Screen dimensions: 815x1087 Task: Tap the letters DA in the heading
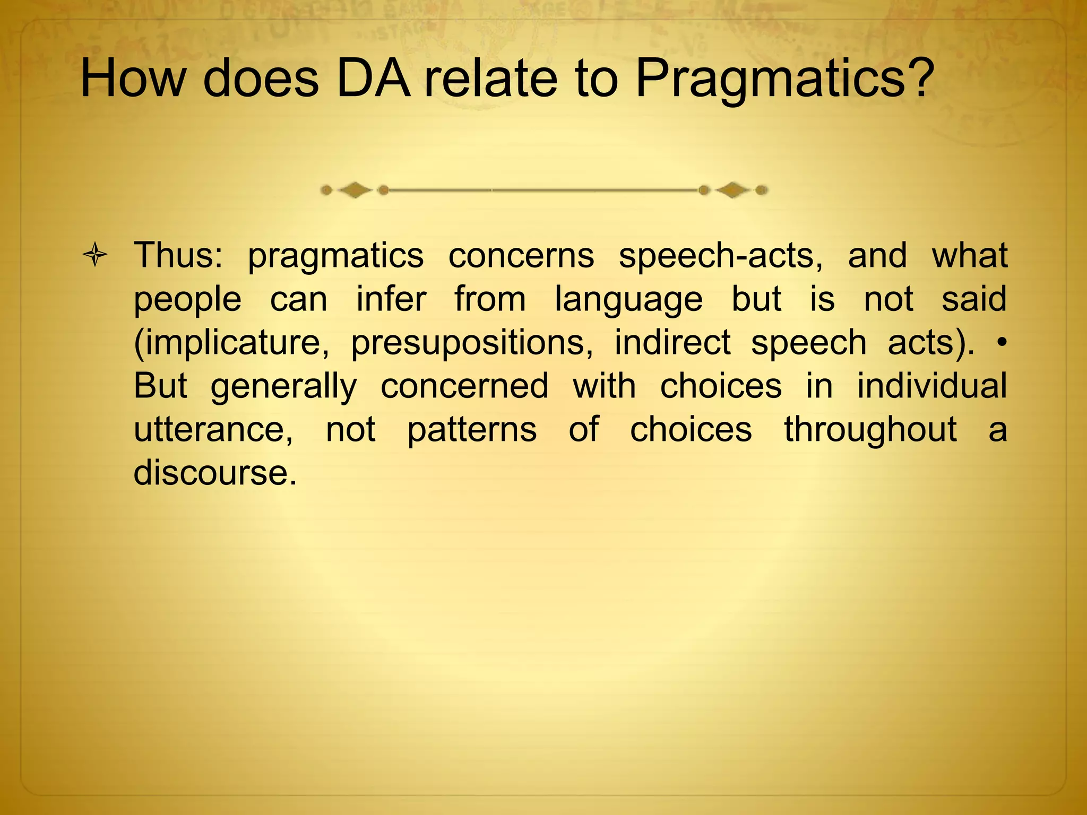pyautogui.click(x=373, y=79)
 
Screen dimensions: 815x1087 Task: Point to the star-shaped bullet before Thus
pyautogui.click(x=96, y=256)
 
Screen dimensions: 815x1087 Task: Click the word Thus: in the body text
pyautogui.click(x=178, y=256)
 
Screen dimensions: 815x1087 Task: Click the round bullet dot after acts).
pyautogui.click(x=1001, y=343)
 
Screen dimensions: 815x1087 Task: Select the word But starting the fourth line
pyautogui.click(x=160, y=386)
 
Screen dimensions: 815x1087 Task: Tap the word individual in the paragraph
pyautogui.click(x=932, y=386)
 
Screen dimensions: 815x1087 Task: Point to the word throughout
pyautogui.click(x=870, y=429)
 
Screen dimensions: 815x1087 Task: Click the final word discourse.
pyautogui.click(x=214, y=472)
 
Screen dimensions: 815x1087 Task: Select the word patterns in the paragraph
pyautogui.click(x=472, y=429)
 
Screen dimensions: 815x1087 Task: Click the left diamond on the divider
pyautogui.click(x=355, y=189)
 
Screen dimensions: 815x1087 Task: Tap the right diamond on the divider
pyautogui.click(x=732, y=189)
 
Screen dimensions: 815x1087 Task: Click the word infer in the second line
pyautogui.click(x=391, y=299)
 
